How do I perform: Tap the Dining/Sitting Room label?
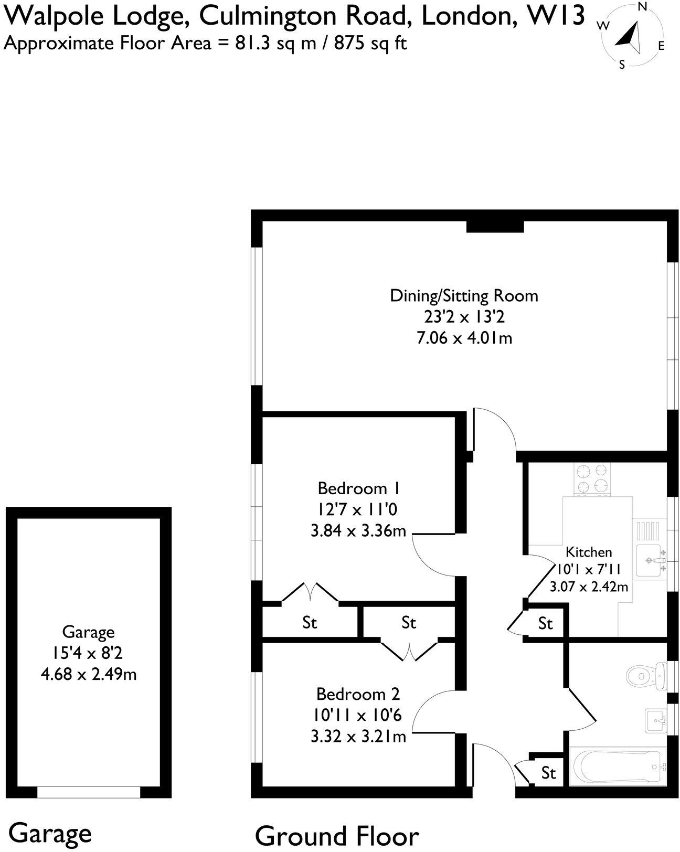pos(464,296)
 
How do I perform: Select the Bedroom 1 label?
pos(359,488)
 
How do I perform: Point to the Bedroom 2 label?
pos(358,694)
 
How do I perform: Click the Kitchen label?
pos(588,552)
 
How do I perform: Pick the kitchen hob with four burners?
pos(592,479)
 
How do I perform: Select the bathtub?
pos(616,768)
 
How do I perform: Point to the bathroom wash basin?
pos(655,720)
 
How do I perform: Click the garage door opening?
pos(89,792)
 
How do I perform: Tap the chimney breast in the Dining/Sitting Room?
pos(495,226)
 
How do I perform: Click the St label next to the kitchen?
pos(545,623)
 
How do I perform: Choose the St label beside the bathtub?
pos(548,773)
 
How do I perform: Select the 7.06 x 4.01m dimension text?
pos(464,338)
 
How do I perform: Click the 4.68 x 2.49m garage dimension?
pos(89,674)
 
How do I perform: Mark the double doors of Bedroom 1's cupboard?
pos(310,593)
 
